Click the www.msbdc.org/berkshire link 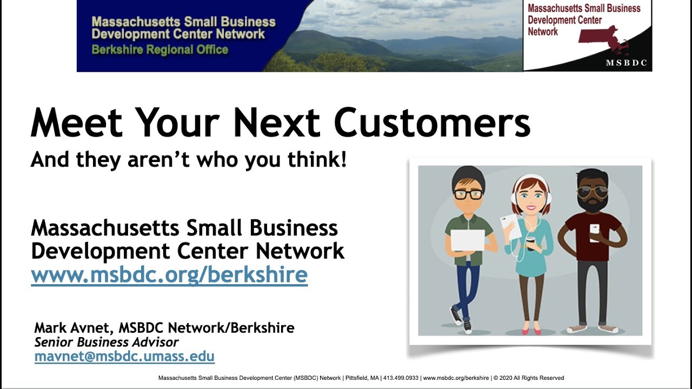click(x=169, y=274)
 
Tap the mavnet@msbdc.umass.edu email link click(x=124, y=357)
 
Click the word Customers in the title click(x=432, y=123)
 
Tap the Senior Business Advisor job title click(x=107, y=342)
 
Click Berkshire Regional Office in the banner click(x=160, y=50)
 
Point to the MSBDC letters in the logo click(x=626, y=63)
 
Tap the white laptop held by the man click(x=468, y=240)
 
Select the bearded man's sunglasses click(x=593, y=192)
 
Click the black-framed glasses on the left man click(x=468, y=194)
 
